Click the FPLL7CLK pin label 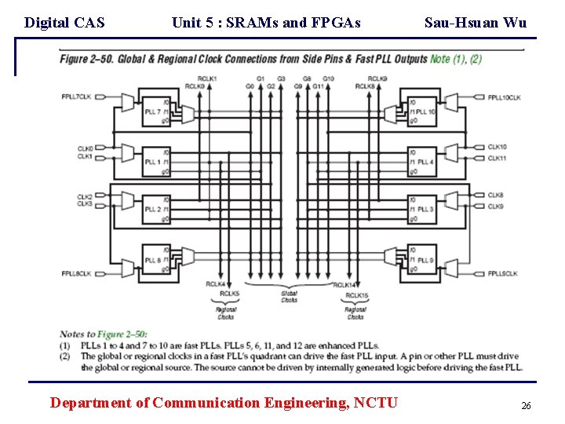[76, 97]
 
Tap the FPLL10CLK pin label [504, 97]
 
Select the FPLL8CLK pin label [76, 273]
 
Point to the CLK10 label [497, 147]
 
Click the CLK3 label [85, 204]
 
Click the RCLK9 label [377, 79]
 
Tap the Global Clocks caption [289, 296]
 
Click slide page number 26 [526, 406]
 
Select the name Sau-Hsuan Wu [476, 23]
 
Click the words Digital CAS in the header [64, 23]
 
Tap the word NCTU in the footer [376, 403]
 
